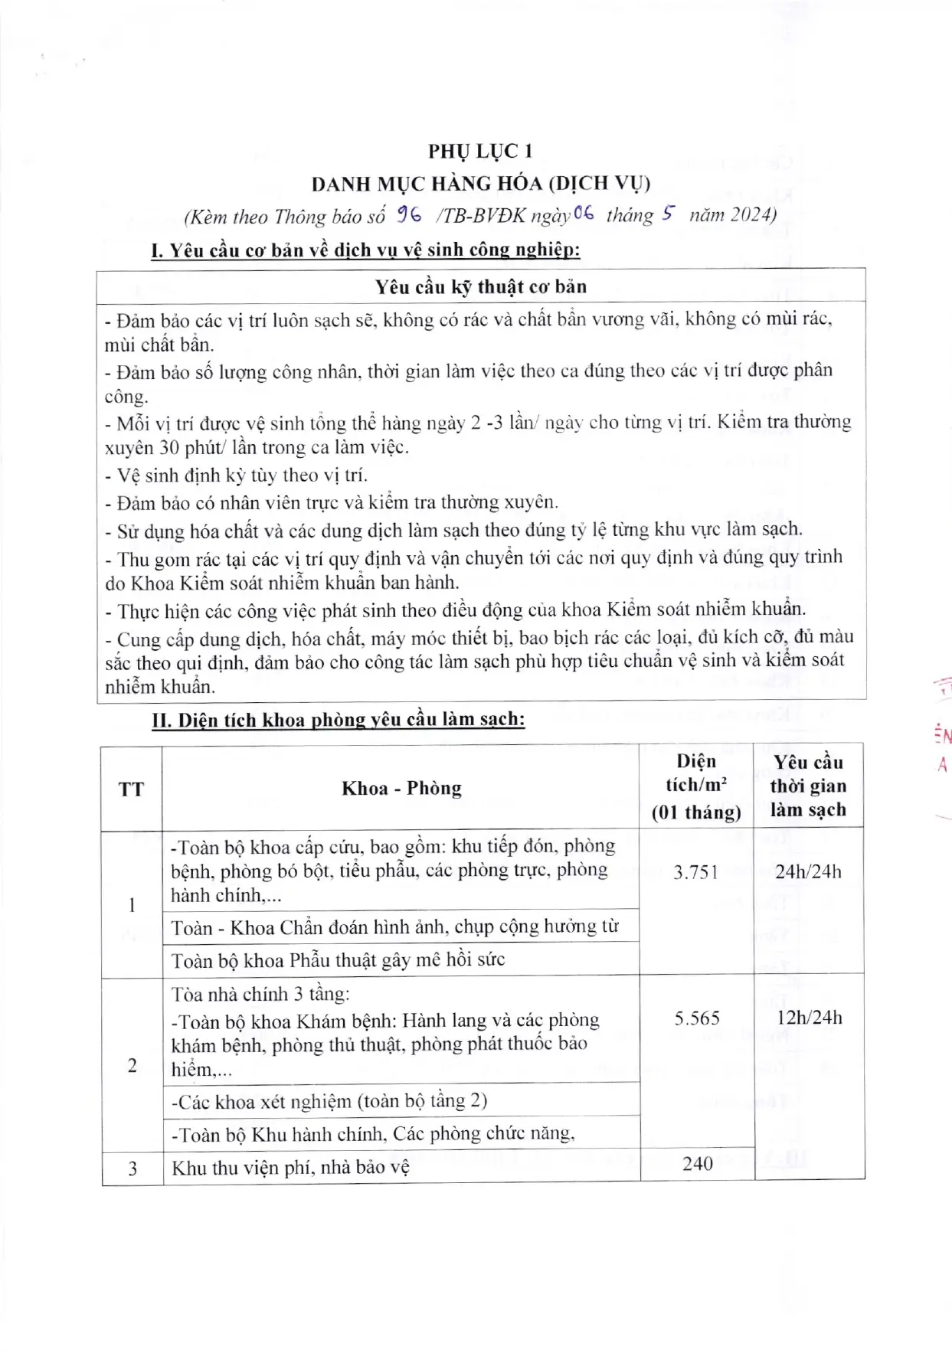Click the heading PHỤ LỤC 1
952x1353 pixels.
(480, 151)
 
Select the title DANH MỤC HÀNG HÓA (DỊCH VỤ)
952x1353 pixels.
(480, 184)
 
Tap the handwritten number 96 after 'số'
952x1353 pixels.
(410, 215)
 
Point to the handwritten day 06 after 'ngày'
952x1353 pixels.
(583, 215)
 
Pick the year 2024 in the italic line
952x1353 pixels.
(751, 215)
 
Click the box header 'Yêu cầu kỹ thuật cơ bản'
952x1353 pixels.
(480, 287)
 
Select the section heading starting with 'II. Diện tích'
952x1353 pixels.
(338, 720)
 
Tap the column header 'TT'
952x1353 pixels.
(131, 789)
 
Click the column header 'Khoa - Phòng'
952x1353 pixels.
(401, 788)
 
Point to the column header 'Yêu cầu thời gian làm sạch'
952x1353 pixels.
(808, 786)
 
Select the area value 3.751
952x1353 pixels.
(695, 872)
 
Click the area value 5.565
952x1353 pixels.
(697, 1018)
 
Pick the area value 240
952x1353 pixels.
(697, 1164)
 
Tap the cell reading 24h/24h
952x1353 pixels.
(808, 872)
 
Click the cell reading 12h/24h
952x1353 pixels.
(808, 1018)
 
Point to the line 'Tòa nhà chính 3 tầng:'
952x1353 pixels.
(260, 994)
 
